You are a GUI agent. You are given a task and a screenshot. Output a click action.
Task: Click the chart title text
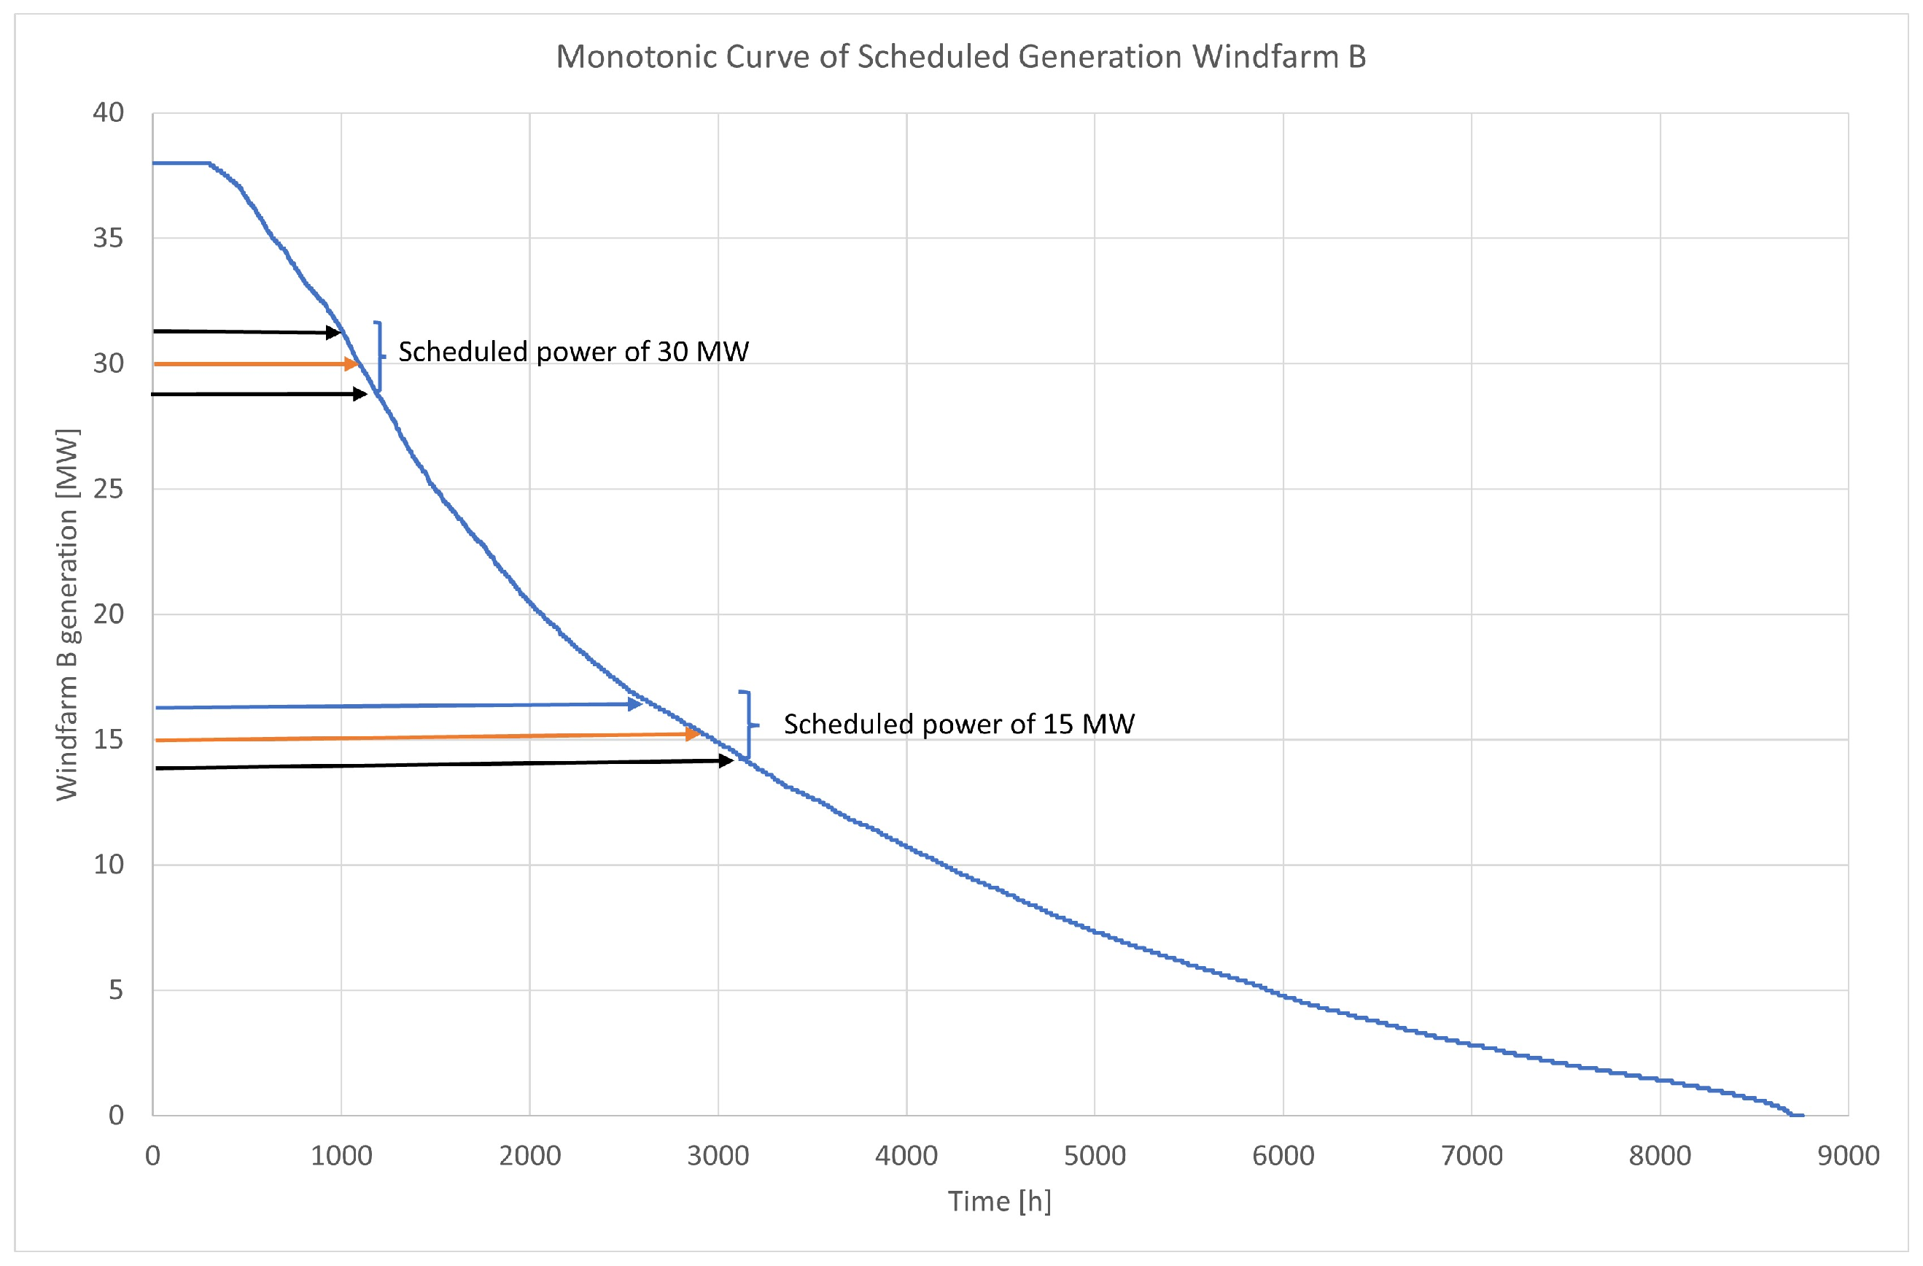(x=960, y=57)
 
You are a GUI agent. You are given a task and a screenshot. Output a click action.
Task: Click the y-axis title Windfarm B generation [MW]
(x=67, y=614)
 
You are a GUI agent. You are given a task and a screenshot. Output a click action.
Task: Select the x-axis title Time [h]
(x=1000, y=1201)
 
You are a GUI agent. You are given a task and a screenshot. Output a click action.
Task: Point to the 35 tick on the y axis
(x=108, y=238)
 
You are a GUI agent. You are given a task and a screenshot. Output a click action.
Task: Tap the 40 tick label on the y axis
(x=108, y=112)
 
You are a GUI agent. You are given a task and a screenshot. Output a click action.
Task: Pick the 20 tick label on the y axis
(x=108, y=614)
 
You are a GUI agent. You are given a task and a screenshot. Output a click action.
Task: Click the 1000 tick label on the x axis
(x=341, y=1155)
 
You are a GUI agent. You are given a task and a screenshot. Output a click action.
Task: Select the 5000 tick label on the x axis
(x=1095, y=1155)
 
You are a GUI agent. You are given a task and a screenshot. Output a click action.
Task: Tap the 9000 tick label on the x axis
(x=1849, y=1155)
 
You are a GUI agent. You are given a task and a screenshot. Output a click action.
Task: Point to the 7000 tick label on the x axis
(x=1472, y=1155)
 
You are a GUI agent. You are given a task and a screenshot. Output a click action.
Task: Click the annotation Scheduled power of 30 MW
(x=574, y=352)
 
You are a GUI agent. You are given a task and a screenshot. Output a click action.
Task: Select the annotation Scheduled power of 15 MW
(x=959, y=724)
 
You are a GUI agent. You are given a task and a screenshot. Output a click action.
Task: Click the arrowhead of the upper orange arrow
(x=351, y=364)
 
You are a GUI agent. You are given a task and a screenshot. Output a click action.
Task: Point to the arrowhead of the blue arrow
(x=635, y=704)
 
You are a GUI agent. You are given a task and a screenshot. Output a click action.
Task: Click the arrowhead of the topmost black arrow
(x=333, y=332)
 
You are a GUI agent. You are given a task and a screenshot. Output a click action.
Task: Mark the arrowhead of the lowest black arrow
(x=726, y=761)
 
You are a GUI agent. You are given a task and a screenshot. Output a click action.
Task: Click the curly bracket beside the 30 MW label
(x=380, y=357)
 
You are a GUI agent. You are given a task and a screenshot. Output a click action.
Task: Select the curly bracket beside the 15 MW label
(x=750, y=725)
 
